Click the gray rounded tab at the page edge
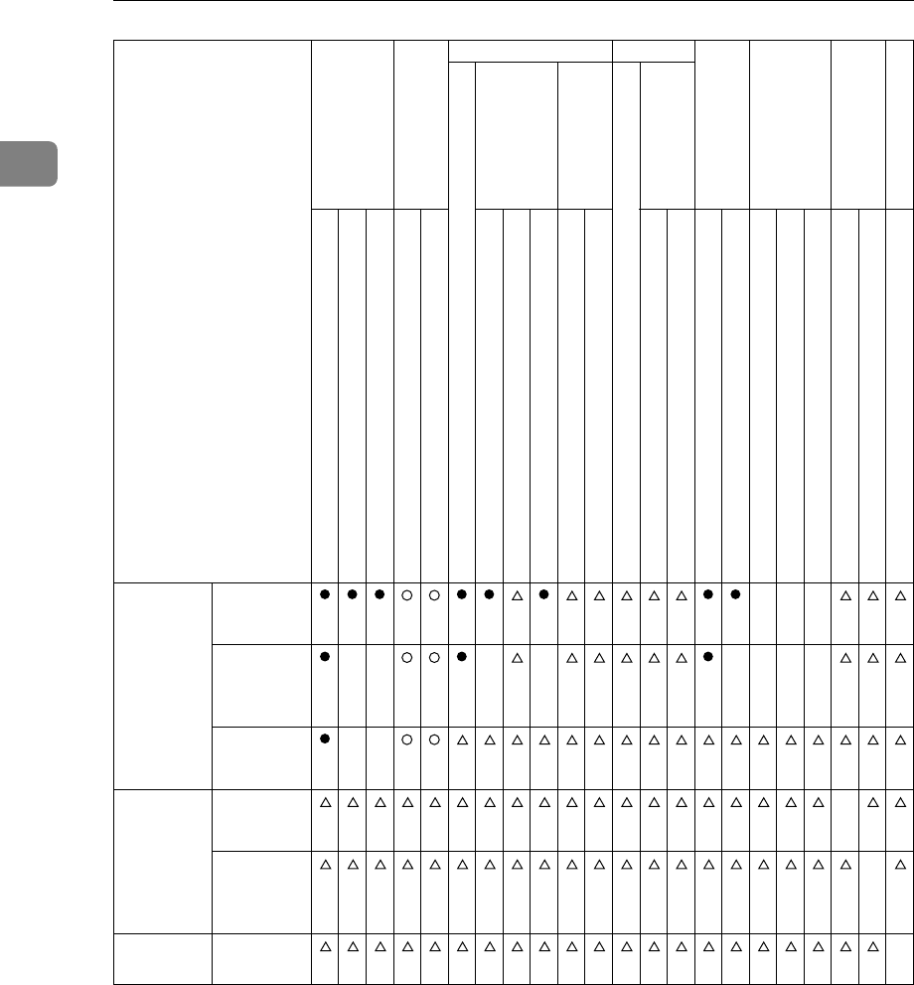pyautogui.click(x=29, y=164)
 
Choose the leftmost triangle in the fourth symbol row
pyautogui.click(x=324, y=805)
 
